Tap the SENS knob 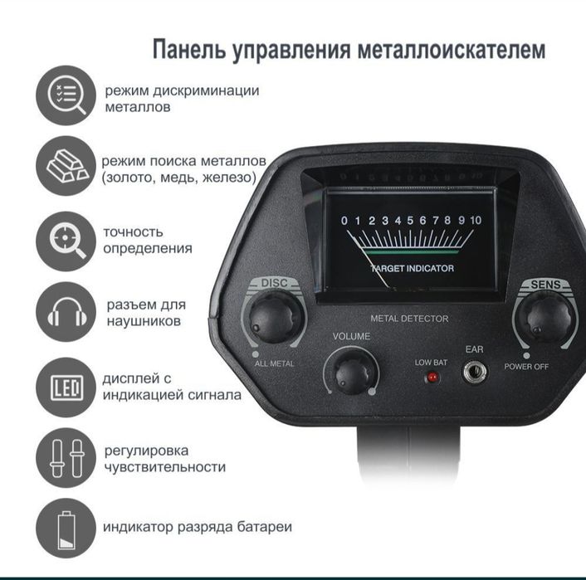tap(544, 316)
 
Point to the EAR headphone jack tap(475, 373)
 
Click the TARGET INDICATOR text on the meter tap(412, 268)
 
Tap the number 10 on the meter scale tap(476, 221)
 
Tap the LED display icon tap(66, 386)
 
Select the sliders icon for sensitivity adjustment tap(66, 458)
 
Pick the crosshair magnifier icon tap(66, 241)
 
